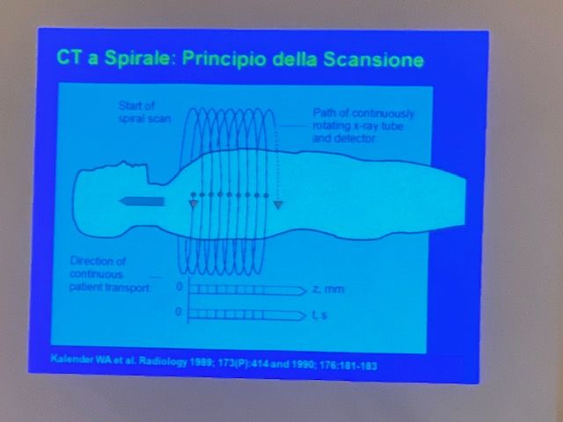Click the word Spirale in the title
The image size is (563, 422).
pos(136,58)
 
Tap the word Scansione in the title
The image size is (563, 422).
pos(373,60)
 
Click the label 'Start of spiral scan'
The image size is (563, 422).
pos(144,112)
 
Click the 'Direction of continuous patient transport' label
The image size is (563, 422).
pos(109,274)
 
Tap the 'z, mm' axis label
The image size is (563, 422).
pos(328,289)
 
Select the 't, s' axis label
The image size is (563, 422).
pos(319,315)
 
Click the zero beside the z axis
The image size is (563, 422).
pos(179,287)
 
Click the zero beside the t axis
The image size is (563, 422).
pos(179,311)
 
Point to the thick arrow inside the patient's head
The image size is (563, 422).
pos(142,201)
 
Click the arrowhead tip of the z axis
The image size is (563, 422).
pos(307,290)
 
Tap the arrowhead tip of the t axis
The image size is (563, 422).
pos(306,316)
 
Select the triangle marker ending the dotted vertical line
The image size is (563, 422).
pos(278,205)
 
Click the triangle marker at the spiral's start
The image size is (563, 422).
pos(194,205)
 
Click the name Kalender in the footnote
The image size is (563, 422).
pos(72,359)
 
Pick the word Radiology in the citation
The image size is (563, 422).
pos(163,361)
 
